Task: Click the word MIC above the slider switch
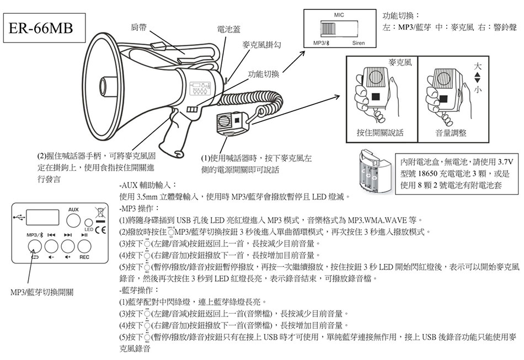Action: pyautogui.click(x=339, y=14)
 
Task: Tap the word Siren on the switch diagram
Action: pyautogui.click(x=358, y=43)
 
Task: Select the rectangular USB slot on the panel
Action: pyautogui.click(x=42, y=217)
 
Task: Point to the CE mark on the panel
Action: pyautogui.click(x=100, y=229)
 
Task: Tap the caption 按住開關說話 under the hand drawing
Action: pyautogui.click(x=381, y=133)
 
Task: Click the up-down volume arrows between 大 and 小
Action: pyautogui.click(x=477, y=77)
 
